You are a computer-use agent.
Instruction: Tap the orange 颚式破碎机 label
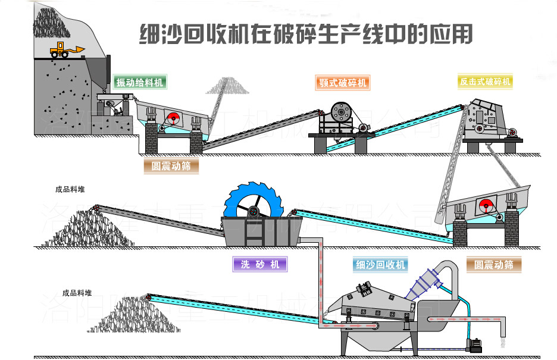[x=342, y=83]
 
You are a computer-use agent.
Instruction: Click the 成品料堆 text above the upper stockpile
[x=70, y=190]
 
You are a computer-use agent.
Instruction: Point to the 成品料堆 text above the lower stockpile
[x=77, y=293]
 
